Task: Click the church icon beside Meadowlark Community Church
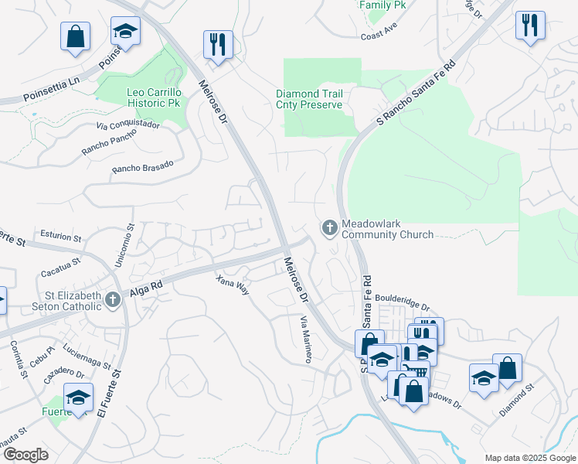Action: tap(329, 227)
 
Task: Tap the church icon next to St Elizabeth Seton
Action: tap(113, 299)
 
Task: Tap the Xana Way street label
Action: tap(233, 285)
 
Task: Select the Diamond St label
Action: tap(516, 401)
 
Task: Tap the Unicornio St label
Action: tap(124, 246)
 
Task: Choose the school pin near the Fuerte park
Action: tap(78, 397)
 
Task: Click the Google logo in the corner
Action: tap(25, 454)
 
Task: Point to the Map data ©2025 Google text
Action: tap(529, 458)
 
